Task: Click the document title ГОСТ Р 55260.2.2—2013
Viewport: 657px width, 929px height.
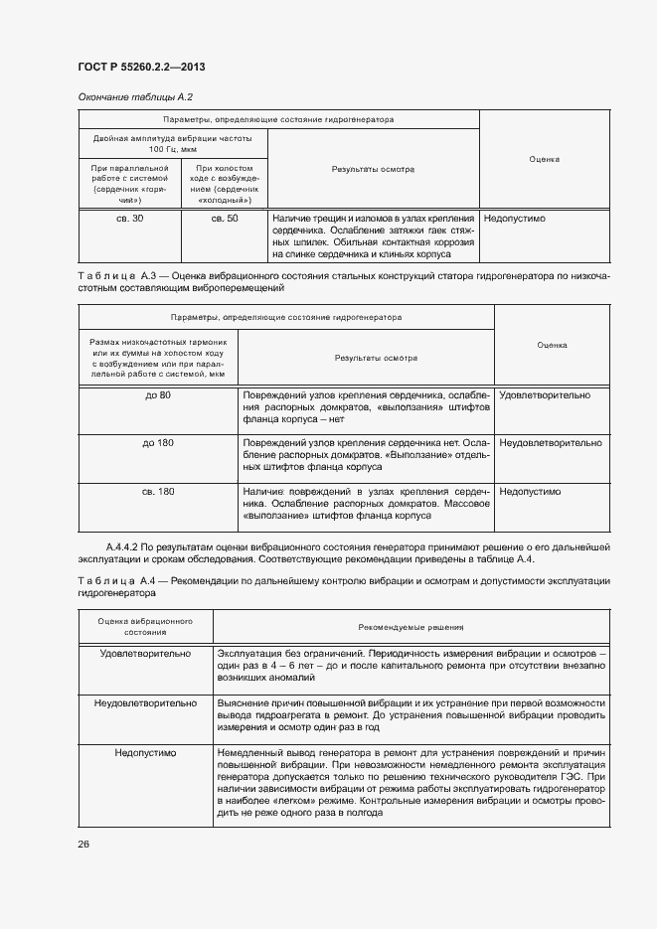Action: (x=141, y=68)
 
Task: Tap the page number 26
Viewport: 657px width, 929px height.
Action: (x=82, y=844)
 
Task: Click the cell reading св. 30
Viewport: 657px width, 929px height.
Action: (x=129, y=218)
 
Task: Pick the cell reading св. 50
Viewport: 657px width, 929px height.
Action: (x=224, y=218)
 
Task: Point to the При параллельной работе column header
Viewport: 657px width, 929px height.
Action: (x=129, y=183)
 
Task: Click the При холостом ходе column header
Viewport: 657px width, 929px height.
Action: (x=224, y=183)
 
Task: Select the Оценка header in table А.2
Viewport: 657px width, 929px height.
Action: (x=544, y=158)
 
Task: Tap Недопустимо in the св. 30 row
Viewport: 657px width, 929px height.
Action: (x=515, y=218)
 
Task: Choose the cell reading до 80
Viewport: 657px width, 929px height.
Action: (x=157, y=395)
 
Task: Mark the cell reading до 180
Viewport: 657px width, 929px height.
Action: (x=157, y=443)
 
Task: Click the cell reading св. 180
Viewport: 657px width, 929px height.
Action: (x=157, y=491)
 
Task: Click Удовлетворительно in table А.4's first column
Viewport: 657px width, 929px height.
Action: (x=145, y=655)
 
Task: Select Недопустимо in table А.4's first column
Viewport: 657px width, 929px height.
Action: (x=145, y=754)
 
